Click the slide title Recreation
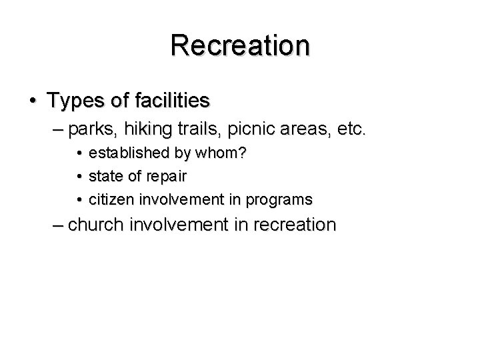[239, 45]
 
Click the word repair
[169, 176]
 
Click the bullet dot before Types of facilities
[32, 101]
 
